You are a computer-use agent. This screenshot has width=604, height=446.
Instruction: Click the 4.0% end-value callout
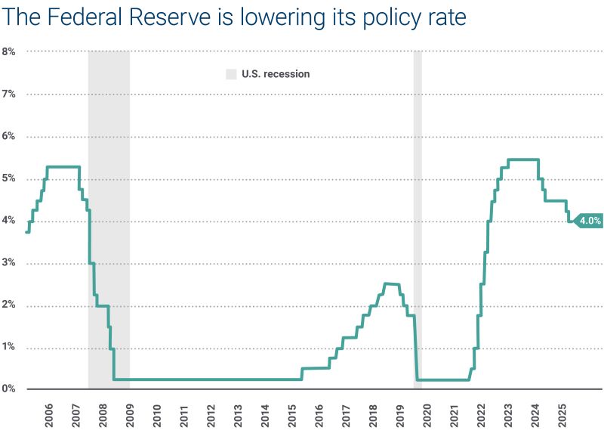click(589, 221)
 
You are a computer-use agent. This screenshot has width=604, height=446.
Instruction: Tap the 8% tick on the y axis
click(9, 51)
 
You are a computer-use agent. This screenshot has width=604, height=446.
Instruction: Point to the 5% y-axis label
click(9, 179)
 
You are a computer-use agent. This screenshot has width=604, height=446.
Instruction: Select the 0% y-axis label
click(9, 389)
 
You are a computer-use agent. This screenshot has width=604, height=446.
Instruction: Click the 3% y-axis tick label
click(9, 264)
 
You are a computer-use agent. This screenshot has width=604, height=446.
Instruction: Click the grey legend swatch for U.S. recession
click(231, 74)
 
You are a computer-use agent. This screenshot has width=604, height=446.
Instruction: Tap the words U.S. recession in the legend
click(276, 74)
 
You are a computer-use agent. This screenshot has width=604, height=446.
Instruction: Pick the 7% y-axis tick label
click(9, 94)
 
